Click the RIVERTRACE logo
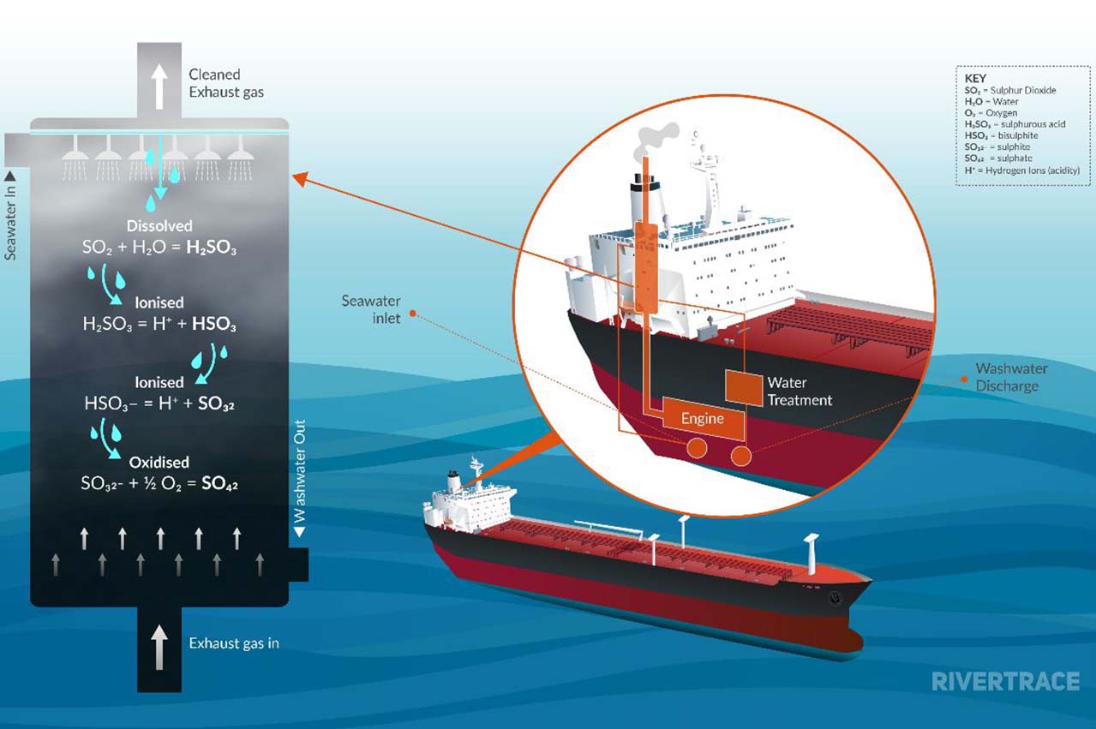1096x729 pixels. click(1005, 681)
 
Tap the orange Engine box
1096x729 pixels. click(704, 418)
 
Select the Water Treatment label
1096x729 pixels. click(800, 391)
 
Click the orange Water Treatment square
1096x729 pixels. click(744, 388)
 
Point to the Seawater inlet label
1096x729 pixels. click(371, 309)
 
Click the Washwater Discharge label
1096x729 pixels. click(1011, 377)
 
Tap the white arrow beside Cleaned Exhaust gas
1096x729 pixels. click(159, 87)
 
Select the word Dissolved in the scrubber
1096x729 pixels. click(159, 225)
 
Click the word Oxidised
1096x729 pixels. click(159, 462)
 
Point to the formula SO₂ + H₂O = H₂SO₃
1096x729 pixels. click(159, 248)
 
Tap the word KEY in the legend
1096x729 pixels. click(975, 78)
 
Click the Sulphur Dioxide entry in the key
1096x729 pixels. click(1010, 91)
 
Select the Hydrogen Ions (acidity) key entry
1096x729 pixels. click(1022, 170)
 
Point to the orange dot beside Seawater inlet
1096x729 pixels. click(412, 314)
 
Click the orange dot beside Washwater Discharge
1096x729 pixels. click(964, 379)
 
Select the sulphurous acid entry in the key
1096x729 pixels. click(1015, 124)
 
